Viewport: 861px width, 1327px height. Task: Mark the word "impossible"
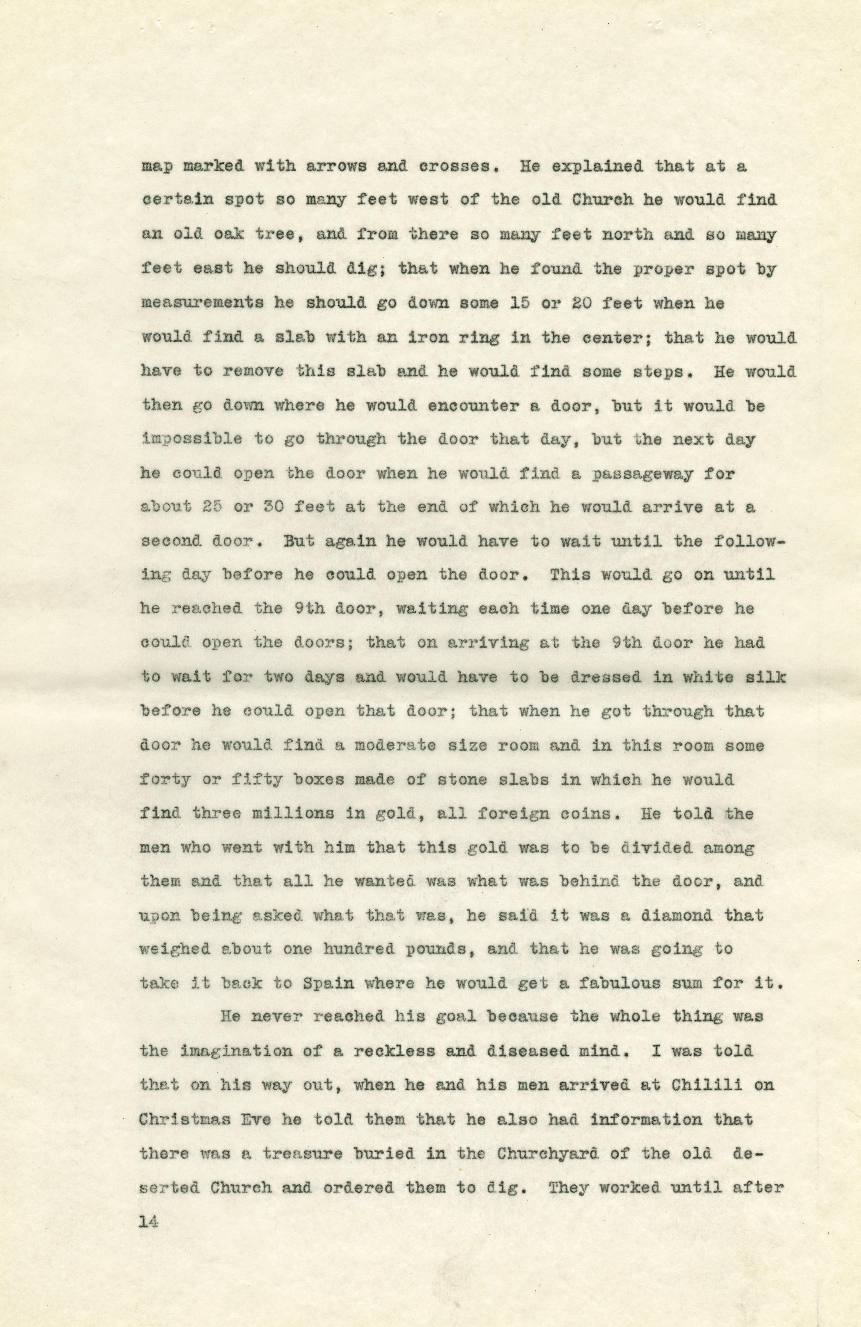(193, 440)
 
